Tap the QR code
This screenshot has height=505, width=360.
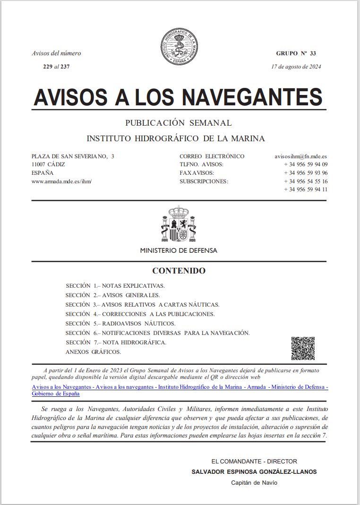click(303, 349)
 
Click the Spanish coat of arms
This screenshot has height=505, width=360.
click(178, 224)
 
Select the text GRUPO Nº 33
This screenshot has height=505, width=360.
click(296, 53)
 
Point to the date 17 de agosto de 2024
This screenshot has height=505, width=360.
click(296, 67)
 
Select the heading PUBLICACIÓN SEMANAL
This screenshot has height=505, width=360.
click(178, 123)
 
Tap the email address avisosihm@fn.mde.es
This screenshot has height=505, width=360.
click(301, 156)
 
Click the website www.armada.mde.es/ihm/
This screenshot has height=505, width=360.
click(61, 181)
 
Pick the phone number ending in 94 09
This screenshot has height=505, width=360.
click(306, 164)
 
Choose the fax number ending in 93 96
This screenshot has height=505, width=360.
click(306, 173)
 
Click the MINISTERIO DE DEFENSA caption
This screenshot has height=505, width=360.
click(179, 250)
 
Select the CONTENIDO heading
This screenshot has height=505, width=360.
click(179, 271)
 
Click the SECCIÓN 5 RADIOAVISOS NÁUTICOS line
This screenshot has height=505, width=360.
click(120, 324)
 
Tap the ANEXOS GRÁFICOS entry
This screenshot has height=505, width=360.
click(93, 352)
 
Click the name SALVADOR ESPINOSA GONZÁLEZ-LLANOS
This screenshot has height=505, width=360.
click(254, 471)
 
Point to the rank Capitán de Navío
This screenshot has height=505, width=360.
click(254, 482)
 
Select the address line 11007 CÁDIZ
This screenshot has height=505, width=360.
click(48, 164)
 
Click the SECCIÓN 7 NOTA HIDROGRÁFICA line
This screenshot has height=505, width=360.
click(116, 342)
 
